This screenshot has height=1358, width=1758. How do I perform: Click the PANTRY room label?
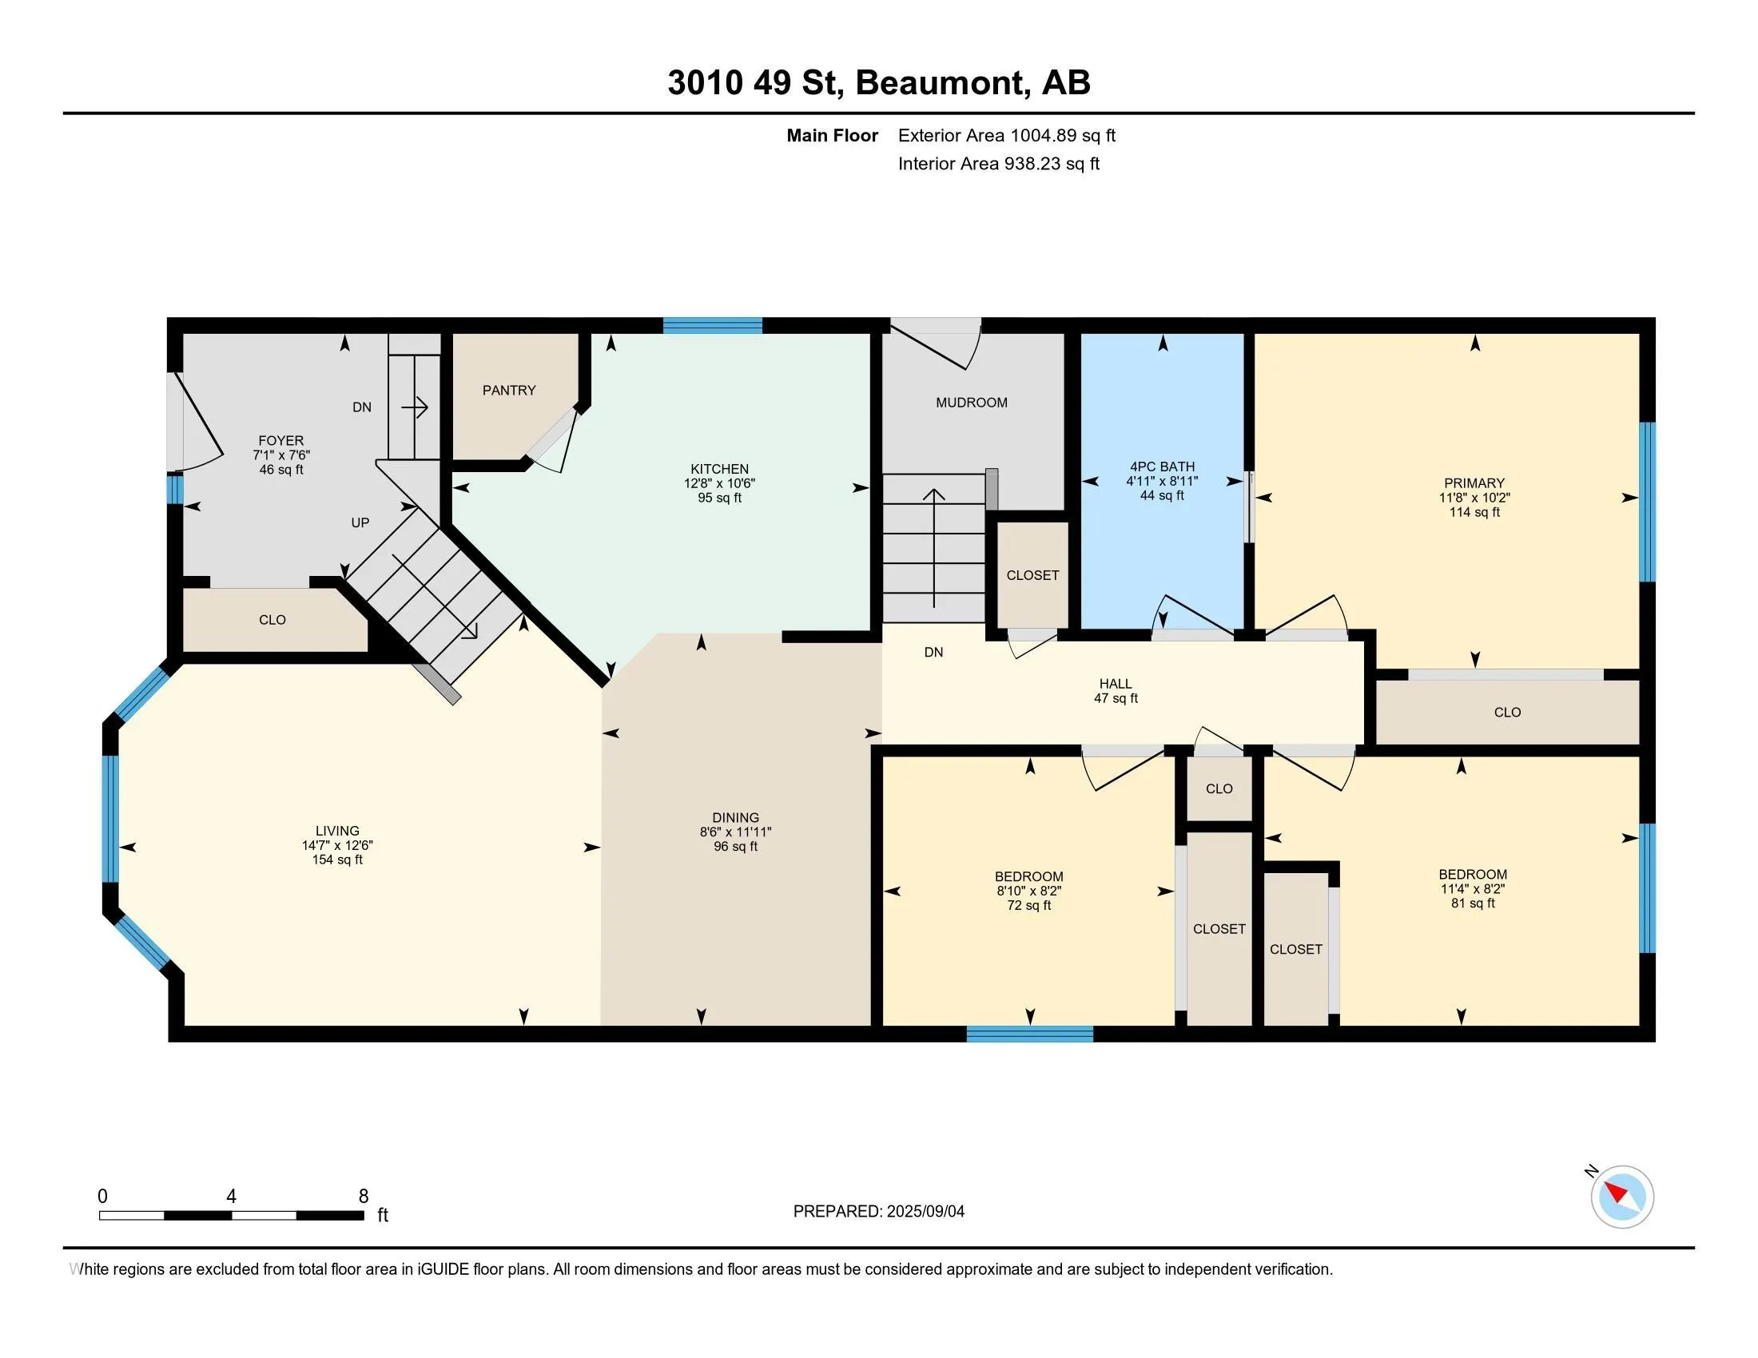tap(509, 390)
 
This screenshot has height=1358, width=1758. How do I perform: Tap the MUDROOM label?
tap(972, 403)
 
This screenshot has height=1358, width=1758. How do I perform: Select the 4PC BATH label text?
tap(1163, 467)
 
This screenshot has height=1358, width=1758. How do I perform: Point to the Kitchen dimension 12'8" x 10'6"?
tap(720, 483)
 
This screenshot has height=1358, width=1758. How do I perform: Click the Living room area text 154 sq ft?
tap(337, 860)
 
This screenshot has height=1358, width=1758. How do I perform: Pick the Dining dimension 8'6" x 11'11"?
tap(736, 832)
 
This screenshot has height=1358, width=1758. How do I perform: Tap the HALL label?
tap(1116, 684)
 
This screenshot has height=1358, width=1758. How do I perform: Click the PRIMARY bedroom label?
tap(1474, 482)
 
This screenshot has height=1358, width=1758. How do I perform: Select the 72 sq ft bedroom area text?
tap(1029, 906)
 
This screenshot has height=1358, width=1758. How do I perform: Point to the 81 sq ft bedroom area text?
tap(1473, 903)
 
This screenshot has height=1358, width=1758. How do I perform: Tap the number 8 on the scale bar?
tap(364, 1197)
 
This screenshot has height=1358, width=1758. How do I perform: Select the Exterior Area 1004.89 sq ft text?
tap(1007, 135)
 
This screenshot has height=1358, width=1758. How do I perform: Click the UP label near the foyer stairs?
tap(360, 523)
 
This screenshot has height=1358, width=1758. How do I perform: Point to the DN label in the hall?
tap(933, 653)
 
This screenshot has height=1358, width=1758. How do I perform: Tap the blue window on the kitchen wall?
tap(712, 326)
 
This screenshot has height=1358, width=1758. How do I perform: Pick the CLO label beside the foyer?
tap(272, 620)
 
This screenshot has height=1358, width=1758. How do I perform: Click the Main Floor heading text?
tap(833, 135)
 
